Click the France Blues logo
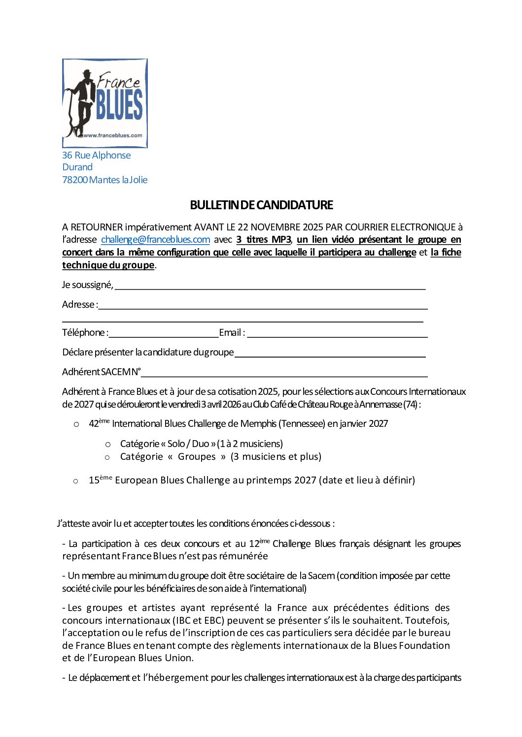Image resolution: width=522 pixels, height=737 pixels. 105,103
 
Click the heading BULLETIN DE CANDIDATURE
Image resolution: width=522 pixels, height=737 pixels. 261,205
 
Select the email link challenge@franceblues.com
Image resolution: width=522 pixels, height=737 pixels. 155,240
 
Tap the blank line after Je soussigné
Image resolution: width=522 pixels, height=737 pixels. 270,286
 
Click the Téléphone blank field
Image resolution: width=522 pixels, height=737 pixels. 163,334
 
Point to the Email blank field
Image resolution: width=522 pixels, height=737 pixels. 337,334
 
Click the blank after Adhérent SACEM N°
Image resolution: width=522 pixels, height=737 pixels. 284,373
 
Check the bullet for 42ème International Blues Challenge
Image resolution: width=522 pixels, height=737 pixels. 76,424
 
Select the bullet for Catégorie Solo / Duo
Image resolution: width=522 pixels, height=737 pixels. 107,445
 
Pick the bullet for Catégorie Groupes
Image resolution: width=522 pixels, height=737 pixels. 107,457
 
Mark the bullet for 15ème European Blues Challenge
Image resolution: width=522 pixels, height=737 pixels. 76,481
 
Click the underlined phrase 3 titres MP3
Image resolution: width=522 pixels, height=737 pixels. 264,240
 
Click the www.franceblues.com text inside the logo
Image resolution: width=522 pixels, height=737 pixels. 113,135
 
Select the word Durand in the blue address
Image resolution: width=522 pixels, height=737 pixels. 77,167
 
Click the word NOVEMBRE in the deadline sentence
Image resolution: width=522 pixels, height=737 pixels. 276,227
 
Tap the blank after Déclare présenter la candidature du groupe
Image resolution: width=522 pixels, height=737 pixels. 330,353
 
